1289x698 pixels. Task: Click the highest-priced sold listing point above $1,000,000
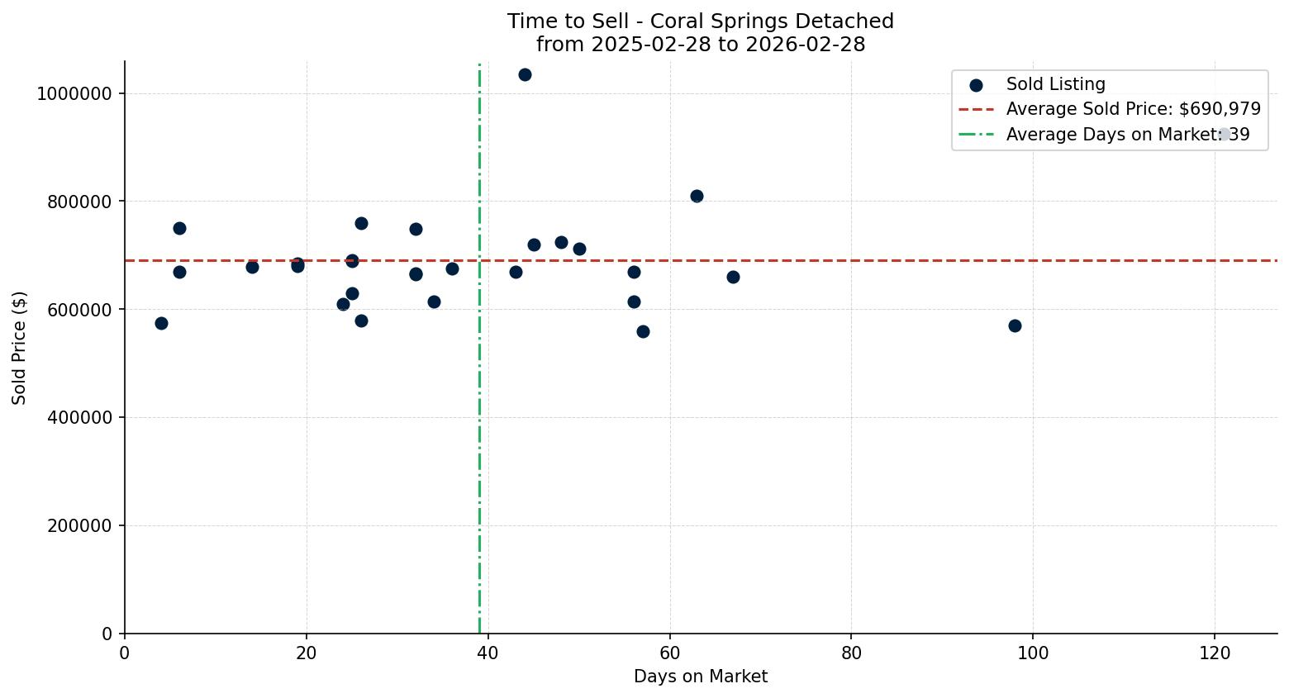[525, 75]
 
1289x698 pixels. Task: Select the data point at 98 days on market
[1015, 326]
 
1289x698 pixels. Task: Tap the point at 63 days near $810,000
[697, 197]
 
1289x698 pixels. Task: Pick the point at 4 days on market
[161, 324]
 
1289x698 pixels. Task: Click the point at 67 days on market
[733, 278]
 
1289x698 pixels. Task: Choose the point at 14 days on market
[252, 268]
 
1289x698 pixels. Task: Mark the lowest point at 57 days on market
[643, 332]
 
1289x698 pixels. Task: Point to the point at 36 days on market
[452, 269]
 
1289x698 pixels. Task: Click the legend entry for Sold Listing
[1055, 84]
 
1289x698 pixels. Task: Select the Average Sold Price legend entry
[1133, 109]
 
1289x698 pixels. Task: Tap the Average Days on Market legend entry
[1127, 135]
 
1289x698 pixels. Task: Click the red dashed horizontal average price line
[826, 261]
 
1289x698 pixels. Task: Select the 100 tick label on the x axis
[1033, 653]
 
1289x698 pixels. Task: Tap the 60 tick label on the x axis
[670, 653]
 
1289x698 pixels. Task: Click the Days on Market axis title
[701, 677]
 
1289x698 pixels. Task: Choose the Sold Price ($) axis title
[20, 348]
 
